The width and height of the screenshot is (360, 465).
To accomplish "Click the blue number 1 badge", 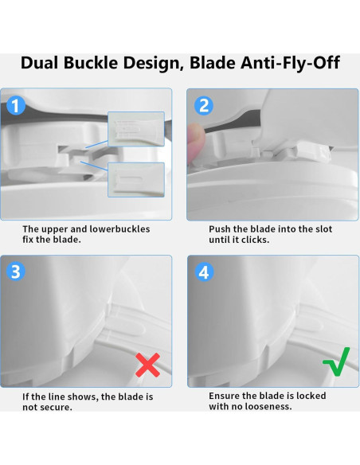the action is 16,105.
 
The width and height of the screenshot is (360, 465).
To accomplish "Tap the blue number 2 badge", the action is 204,106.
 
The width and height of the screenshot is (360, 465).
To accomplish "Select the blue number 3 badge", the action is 16,272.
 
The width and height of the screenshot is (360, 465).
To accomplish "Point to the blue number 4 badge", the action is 204,272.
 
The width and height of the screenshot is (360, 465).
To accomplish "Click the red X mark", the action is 147,365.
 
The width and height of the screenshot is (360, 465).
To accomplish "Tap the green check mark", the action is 337,361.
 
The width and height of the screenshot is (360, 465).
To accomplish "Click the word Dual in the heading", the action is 40,63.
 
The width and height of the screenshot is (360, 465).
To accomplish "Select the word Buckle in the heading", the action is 91,63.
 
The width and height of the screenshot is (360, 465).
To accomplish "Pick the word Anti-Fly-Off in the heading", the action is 290,63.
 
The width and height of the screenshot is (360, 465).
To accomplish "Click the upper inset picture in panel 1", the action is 136,129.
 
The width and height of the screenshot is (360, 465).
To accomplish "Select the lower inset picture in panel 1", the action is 136,180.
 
